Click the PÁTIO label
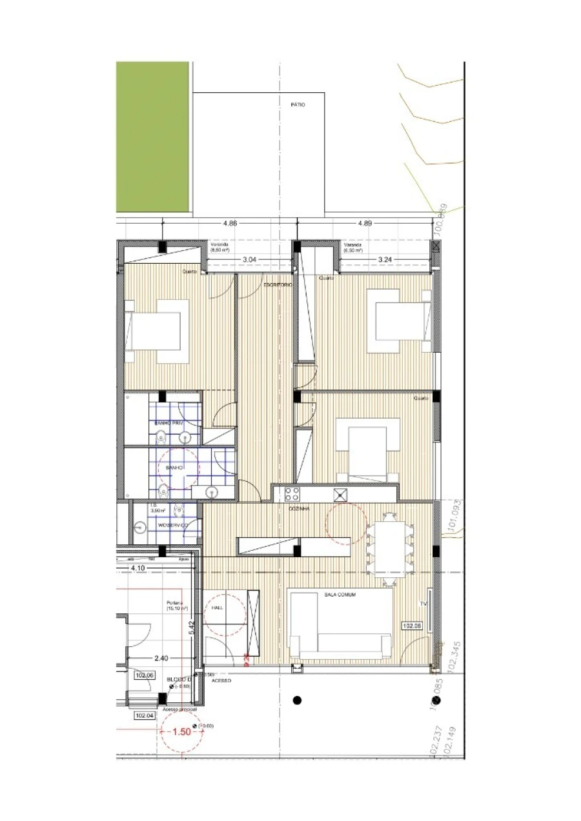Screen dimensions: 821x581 tap(298, 104)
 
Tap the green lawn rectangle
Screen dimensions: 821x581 tap(153, 137)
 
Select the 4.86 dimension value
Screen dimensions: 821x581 tap(230, 223)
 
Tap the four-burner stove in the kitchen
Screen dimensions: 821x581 tap(292, 495)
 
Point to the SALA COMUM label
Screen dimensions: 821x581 tap(340, 595)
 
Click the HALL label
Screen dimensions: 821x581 tap(218, 608)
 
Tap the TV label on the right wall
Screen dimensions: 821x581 tap(424, 604)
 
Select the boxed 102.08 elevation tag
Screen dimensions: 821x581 tap(412, 626)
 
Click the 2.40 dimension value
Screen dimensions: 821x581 tap(161, 658)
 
